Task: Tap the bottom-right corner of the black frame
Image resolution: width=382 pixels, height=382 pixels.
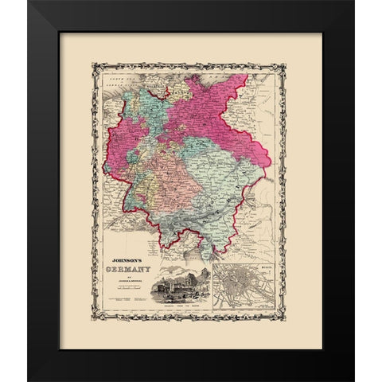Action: pos(355,379)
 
